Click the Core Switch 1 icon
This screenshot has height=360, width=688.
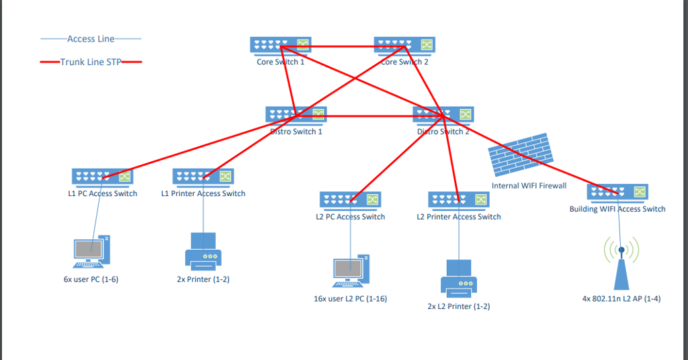pos(281,45)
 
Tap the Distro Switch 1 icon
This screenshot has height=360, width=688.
pos(296,115)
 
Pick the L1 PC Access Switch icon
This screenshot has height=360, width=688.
pos(103,177)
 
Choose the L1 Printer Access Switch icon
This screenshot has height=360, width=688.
pos(204,177)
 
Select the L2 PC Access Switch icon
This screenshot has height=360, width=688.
pos(350,200)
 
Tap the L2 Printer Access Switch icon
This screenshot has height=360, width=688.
pos(459,200)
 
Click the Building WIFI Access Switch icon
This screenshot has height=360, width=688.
pos(617,193)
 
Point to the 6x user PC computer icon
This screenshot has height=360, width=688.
pos(91,252)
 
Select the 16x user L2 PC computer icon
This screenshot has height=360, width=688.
pos(351,271)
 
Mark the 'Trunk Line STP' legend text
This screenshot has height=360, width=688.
pos(91,62)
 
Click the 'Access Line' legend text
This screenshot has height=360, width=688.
pos(91,39)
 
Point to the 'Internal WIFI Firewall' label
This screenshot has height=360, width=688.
pos(529,185)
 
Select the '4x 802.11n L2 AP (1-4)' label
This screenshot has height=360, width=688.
pos(621,298)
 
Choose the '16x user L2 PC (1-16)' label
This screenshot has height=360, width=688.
pos(350,298)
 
